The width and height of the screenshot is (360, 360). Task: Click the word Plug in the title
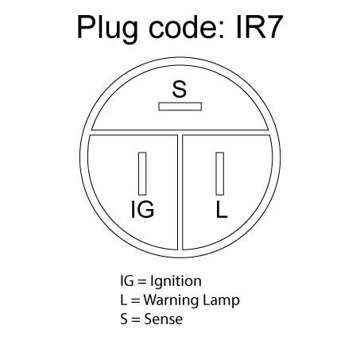(x=107, y=29)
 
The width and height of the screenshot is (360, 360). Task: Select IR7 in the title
(x=259, y=27)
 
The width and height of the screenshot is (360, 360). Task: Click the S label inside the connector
(x=180, y=89)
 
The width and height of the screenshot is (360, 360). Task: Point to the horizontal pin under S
(x=180, y=106)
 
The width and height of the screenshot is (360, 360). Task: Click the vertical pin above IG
(x=142, y=173)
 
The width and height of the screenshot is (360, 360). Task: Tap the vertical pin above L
(x=220, y=173)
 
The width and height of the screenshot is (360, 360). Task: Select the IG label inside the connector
(x=142, y=209)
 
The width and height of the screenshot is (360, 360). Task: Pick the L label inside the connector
(x=222, y=209)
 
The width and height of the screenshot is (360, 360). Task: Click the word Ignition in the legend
(x=176, y=281)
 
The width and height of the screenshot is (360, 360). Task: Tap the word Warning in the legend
(x=171, y=300)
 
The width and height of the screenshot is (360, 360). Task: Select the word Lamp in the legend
(x=221, y=301)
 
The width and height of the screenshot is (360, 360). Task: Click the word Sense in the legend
(x=164, y=319)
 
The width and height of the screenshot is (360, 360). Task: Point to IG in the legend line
(x=127, y=281)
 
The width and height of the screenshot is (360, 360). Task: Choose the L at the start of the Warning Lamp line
(x=123, y=300)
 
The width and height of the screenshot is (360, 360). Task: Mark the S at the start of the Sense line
(x=124, y=319)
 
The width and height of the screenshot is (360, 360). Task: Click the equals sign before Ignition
(x=142, y=281)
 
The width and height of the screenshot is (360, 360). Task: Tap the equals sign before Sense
(x=136, y=319)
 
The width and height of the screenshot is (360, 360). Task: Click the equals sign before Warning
(x=135, y=300)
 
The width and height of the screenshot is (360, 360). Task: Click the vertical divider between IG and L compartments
(x=180, y=192)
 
